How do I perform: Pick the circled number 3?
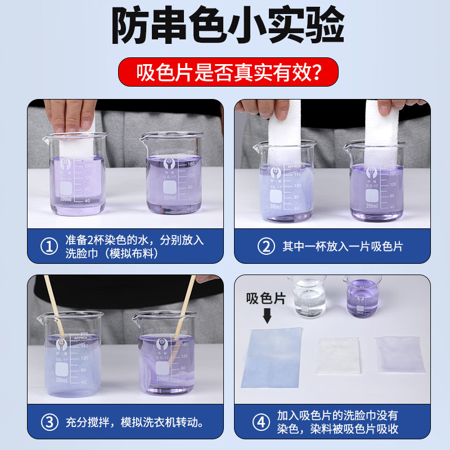click(50, 421)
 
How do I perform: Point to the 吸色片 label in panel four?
click(266, 299)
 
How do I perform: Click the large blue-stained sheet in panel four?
click(272, 357)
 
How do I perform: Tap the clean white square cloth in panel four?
click(338, 355)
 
